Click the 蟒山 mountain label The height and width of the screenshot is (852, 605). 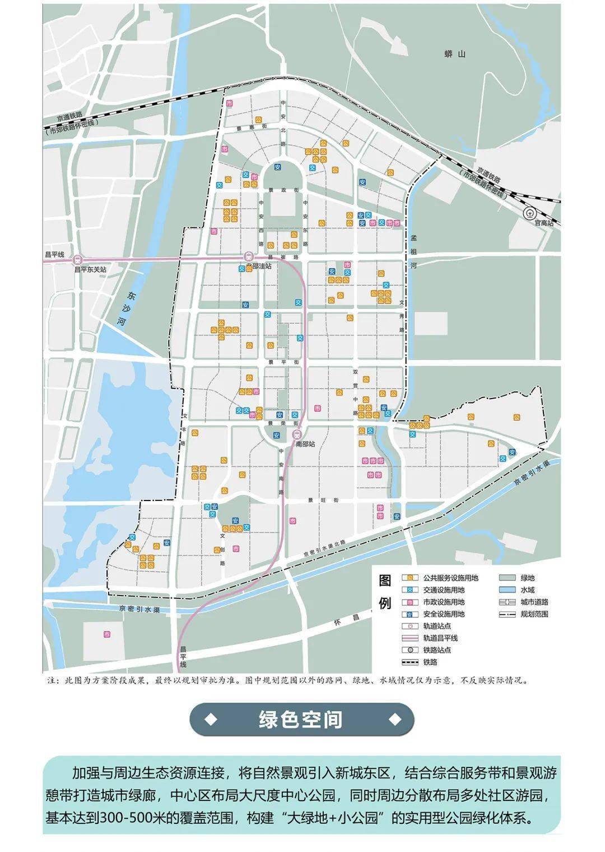[x=454, y=54]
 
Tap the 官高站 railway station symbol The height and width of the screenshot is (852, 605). [x=528, y=213]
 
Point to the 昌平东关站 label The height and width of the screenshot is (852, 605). [x=90, y=269]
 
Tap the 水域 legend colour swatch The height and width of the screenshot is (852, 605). [x=507, y=590]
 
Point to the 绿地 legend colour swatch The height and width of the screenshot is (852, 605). [x=507, y=578]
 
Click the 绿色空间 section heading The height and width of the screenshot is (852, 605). [x=301, y=719]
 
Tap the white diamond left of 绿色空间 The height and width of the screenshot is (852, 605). [x=211, y=719]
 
